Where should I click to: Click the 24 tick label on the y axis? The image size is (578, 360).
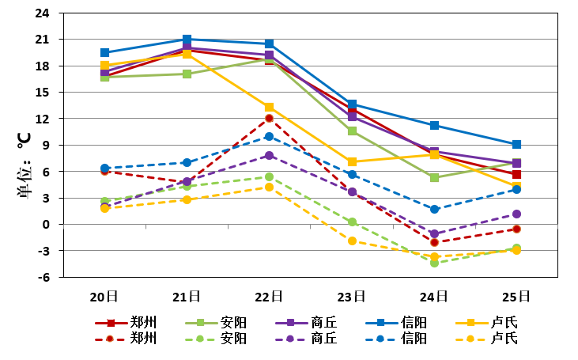(x=42, y=13)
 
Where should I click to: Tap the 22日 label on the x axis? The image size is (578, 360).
(x=269, y=297)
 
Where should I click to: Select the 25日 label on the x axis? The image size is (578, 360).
(x=516, y=297)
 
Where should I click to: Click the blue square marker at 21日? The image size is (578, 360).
(x=187, y=39)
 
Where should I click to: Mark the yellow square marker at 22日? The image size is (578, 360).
(x=269, y=107)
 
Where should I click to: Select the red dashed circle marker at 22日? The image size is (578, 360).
(x=269, y=118)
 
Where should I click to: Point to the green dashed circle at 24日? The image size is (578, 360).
(x=434, y=263)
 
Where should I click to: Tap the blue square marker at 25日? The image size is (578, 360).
(x=516, y=144)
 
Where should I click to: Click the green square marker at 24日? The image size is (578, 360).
(x=434, y=177)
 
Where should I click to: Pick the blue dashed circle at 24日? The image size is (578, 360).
(x=434, y=209)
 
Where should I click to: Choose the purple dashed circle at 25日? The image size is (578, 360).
(x=516, y=214)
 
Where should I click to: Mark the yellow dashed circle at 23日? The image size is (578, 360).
(x=352, y=241)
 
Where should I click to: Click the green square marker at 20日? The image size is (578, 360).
(x=104, y=77)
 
